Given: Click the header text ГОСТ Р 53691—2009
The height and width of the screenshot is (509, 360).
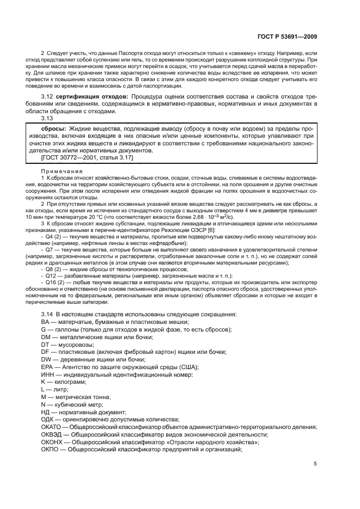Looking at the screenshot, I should [x=288, y=36].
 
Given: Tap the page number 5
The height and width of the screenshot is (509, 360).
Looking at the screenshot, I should [x=315, y=464].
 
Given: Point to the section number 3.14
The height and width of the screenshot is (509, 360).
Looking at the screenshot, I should [x=47, y=314].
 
